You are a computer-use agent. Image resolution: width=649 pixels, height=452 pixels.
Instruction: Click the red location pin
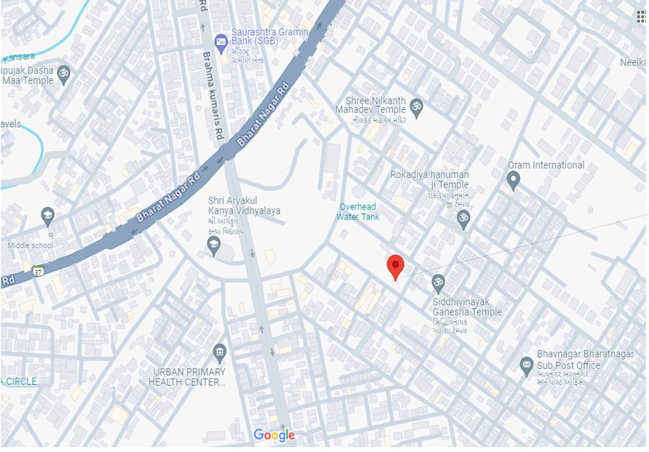click(395, 267)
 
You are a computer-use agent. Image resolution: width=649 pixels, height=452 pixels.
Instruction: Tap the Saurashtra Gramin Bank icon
click(221, 41)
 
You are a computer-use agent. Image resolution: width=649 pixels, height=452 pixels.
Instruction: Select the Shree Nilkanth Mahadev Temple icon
click(417, 106)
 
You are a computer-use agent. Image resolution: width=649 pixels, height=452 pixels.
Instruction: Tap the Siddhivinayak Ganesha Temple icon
click(438, 284)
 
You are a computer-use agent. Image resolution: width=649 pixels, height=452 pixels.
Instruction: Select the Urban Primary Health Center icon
click(220, 353)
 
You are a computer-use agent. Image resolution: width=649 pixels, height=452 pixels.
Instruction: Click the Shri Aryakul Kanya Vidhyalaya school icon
click(214, 246)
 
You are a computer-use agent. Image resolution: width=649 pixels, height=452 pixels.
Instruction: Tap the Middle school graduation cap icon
click(47, 216)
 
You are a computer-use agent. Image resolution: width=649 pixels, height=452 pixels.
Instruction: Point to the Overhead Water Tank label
click(358, 212)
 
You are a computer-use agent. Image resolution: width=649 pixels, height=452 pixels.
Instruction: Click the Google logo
click(274, 436)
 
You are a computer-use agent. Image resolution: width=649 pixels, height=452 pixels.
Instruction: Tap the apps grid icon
click(642, 16)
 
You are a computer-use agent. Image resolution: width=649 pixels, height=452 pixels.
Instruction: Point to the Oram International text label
click(546, 165)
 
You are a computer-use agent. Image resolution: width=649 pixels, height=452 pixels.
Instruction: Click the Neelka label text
click(634, 62)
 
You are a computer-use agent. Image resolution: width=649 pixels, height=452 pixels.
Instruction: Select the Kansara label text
click(18, 57)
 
